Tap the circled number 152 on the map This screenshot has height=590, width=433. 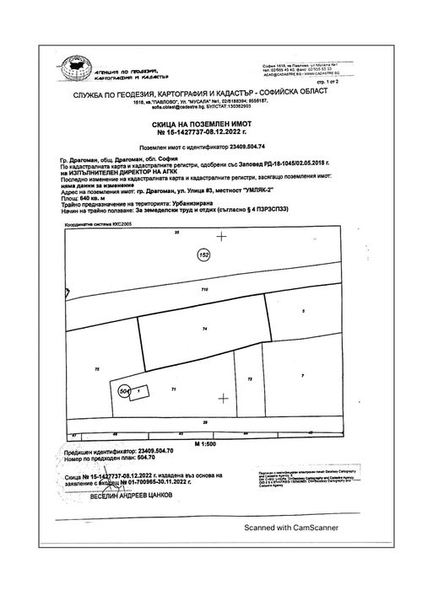click(x=203, y=254)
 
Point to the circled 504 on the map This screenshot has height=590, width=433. click(x=126, y=391)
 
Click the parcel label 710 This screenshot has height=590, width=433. click(x=203, y=290)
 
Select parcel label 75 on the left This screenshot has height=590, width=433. click(x=97, y=369)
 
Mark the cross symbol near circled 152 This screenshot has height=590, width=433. click(x=222, y=237)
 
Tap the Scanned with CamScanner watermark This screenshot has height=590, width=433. click(x=291, y=528)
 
